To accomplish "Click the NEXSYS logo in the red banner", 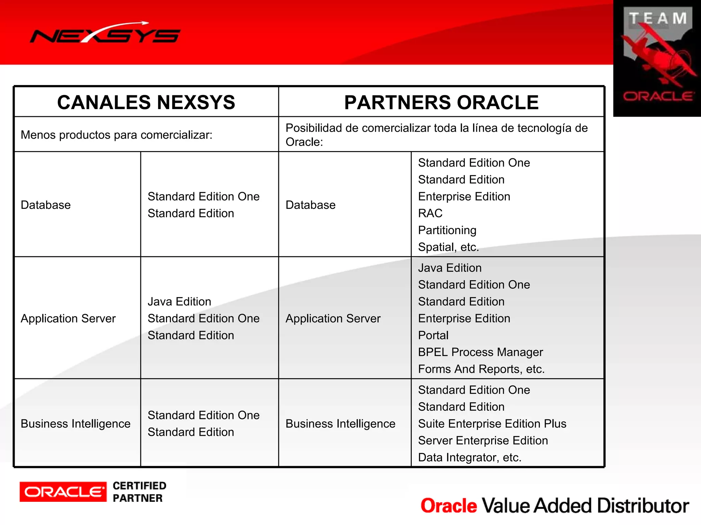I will tap(105, 33).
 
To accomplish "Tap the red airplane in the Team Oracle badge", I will tap(659, 56).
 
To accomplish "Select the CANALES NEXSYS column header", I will tap(146, 102).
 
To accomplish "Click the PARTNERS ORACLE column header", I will tap(441, 102).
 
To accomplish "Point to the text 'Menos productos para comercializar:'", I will tap(116, 135).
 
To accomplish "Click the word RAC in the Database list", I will tap(430, 213).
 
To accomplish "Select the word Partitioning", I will tap(447, 230).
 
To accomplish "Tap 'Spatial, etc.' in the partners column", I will tap(448, 247).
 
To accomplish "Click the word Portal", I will tap(433, 335).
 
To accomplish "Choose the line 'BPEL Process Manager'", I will tap(480, 352).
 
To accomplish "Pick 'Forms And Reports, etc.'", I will tap(481, 369).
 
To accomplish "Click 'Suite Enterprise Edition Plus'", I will tap(492, 424).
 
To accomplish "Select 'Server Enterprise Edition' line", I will tap(483, 441).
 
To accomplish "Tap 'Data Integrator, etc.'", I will tap(469, 457).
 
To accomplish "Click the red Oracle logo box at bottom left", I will tap(63, 492).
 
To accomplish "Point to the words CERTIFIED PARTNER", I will tap(139, 492).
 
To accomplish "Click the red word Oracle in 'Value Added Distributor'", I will tap(448, 506).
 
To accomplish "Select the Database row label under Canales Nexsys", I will tap(46, 205).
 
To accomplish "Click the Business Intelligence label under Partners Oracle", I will tap(340, 424).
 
